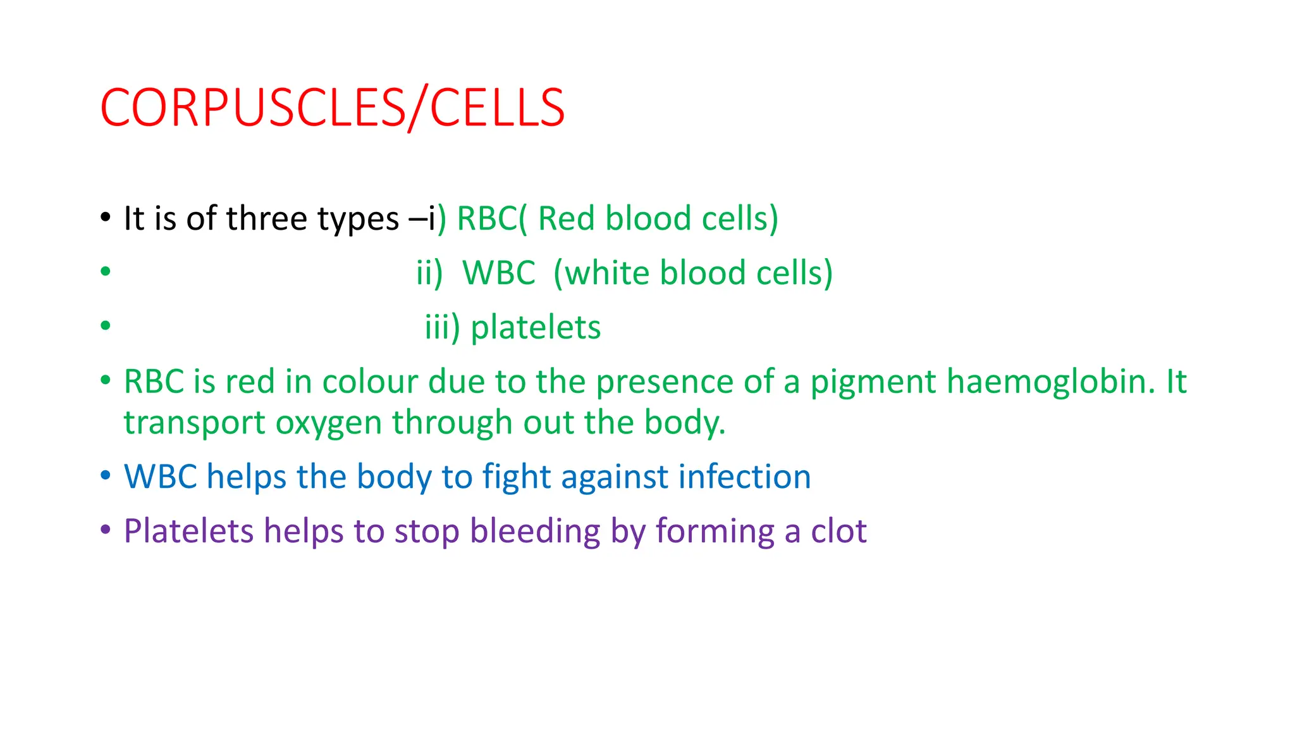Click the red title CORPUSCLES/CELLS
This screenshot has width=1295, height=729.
pos(332,108)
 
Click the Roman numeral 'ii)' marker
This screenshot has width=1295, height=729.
pos(429,273)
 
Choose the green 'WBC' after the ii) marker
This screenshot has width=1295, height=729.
pos(499,273)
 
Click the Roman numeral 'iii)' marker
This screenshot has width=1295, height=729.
pos(442,328)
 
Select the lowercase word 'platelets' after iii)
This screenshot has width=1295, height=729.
pos(536,328)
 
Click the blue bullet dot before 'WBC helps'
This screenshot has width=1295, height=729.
pos(106,475)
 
